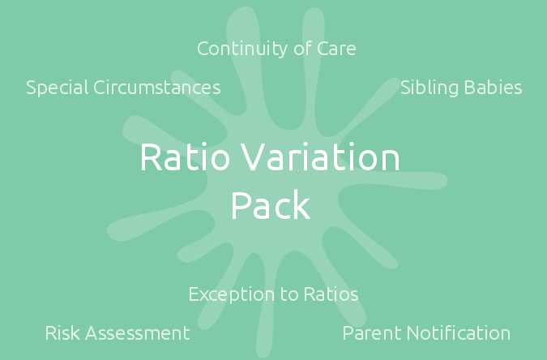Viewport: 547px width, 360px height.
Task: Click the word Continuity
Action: pyautogui.click(x=243, y=49)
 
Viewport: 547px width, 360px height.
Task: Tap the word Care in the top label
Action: pyautogui.click(x=336, y=49)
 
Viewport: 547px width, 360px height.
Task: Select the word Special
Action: pyautogui.click(x=58, y=88)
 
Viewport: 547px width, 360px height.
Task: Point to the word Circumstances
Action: pyautogui.click(x=157, y=88)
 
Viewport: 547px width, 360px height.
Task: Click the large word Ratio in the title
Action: pyautogui.click(x=185, y=156)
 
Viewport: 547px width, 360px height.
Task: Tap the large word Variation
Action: pyautogui.click(x=320, y=156)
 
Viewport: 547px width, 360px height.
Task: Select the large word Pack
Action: pyautogui.click(x=271, y=204)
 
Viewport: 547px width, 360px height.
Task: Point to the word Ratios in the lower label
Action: pyautogui.click(x=331, y=294)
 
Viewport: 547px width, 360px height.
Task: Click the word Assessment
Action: pyautogui.click(x=138, y=333)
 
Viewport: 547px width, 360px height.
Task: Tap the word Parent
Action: pyautogui.click(x=372, y=333)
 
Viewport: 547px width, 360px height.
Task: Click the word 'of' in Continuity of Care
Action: pyautogui.click(x=303, y=49)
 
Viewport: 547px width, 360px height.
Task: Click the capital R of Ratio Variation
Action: pyautogui.click(x=151, y=156)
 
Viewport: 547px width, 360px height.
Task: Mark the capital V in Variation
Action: pyautogui.click(x=254, y=156)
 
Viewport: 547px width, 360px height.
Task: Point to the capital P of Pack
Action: pyautogui.click(x=241, y=205)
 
